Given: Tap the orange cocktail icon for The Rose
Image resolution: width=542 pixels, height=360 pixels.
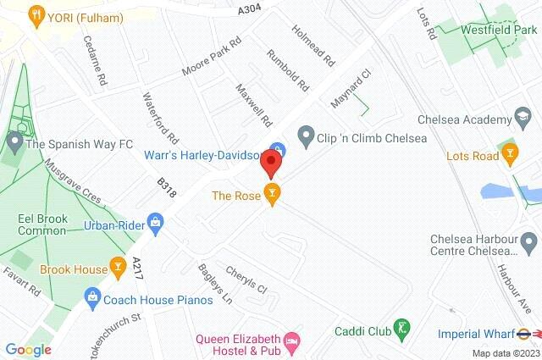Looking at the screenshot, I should pyautogui.click(x=271, y=195).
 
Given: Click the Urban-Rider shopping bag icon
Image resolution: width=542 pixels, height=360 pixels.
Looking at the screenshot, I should pyautogui.click(x=155, y=224).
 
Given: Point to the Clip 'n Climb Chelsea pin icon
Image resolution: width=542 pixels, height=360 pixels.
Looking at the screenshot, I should pyautogui.click(x=306, y=136).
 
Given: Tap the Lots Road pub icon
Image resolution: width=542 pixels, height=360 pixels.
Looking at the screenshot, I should pyautogui.click(x=509, y=155).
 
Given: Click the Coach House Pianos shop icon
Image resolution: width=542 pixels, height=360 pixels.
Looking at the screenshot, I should pyautogui.click(x=91, y=297).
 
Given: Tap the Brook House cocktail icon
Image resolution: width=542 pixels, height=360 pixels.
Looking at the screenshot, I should pyautogui.click(x=118, y=269).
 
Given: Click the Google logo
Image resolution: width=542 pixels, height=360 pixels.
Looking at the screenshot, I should pyautogui.click(x=28, y=349).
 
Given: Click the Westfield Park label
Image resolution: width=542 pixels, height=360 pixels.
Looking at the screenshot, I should pyautogui.click(x=499, y=29).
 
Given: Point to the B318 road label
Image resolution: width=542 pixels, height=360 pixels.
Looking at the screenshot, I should pyautogui.click(x=167, y=187).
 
